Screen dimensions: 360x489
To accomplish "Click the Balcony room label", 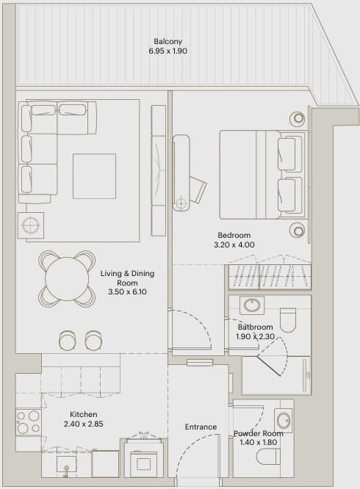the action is coord(168,41).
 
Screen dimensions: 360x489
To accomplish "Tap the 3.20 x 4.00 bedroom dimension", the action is coord(234,245).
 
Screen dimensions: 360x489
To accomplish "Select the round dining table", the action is coord(67,278).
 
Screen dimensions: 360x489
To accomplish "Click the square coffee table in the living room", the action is coord(95,176).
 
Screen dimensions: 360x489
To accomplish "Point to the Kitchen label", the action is coord(83,414).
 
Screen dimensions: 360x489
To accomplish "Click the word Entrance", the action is coord(201,427).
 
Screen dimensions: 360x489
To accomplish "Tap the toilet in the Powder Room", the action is coord(268,457).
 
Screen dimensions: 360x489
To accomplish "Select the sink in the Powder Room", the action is coord(284,421).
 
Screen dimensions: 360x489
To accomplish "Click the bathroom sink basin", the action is coord(252,305).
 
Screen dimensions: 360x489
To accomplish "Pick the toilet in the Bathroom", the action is coord(288,320).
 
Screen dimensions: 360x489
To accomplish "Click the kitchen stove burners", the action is coord(29,422).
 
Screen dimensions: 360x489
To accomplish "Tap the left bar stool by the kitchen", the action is coord(67,340).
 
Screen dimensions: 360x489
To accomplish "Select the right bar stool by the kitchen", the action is coord(93,340).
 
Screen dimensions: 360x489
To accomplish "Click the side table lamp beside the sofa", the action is coord(31,225).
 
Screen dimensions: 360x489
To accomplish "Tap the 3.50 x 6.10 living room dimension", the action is coord(127,292).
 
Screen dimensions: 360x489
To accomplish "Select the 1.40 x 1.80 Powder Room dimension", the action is coord(259,442).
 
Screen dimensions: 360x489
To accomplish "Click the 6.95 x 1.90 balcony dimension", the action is coord(168,51).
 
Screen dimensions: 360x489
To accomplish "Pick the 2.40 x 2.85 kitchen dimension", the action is coord(83,424).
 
